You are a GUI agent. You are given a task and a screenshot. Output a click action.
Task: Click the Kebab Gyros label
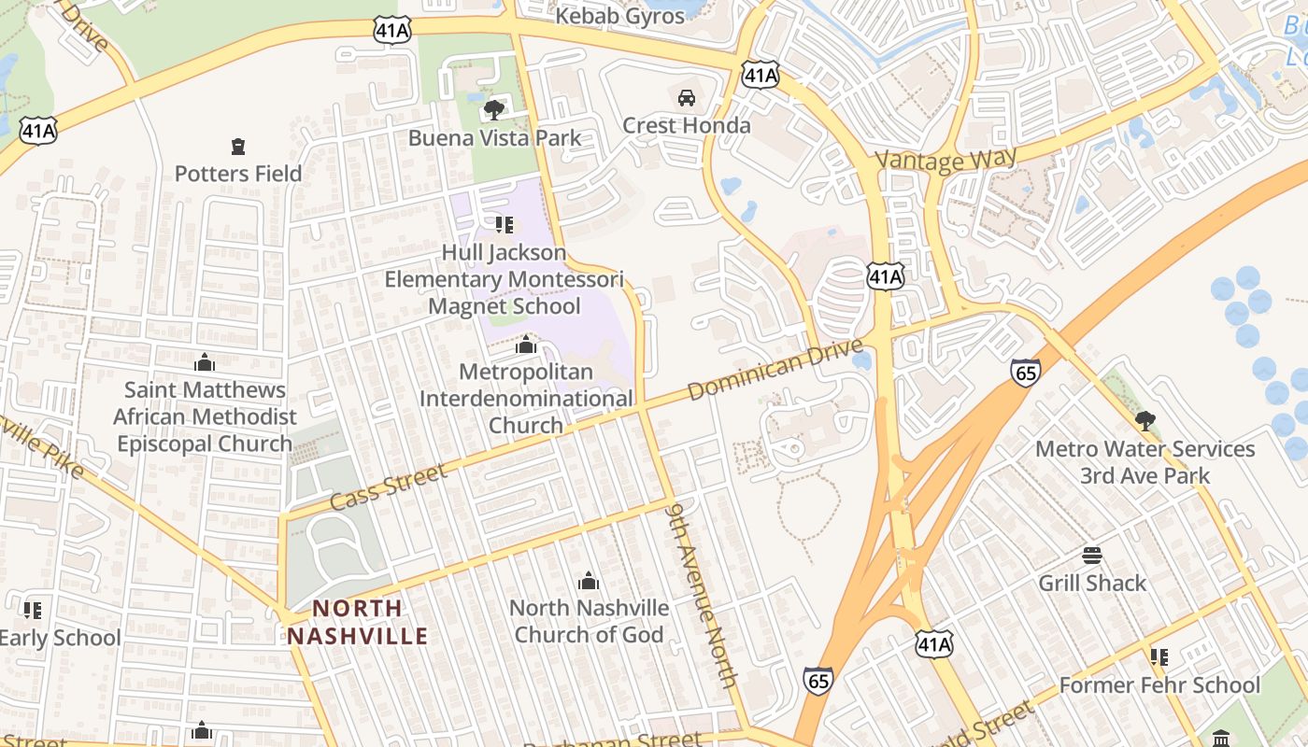(x=619, y=16)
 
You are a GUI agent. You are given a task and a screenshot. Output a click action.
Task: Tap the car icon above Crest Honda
(x=686, y=98)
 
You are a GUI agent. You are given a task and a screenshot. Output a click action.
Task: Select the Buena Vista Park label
(x=494, y=138)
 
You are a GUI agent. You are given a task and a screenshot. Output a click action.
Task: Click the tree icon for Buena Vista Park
(x=494, y=111)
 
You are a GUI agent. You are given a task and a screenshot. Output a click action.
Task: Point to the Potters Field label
(x=238, y=174)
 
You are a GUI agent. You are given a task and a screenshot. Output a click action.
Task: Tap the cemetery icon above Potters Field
(x=238, y=147)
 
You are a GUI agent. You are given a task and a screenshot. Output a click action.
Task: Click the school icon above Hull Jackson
(x=505, y=225)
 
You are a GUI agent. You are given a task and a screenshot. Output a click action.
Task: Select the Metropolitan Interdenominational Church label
(x=526, y=399)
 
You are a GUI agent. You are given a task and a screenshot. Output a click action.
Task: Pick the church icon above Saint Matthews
(x=205, y=362)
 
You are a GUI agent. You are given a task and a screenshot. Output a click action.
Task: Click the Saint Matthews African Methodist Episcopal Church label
(x=205, y=416)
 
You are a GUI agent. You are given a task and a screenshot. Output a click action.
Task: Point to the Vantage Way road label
(x=945, y=161)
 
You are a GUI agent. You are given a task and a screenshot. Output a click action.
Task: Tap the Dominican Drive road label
(x=775, y=370)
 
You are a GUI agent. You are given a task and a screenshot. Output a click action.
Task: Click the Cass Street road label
(x=389, y=487)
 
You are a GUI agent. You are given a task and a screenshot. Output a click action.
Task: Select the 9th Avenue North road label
(x=703, y=594)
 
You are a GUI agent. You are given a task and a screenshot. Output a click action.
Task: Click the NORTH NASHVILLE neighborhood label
(x=357, y=623)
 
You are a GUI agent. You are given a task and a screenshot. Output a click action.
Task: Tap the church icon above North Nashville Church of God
(x=589, y=582)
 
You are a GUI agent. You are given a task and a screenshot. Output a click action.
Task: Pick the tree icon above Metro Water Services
(x=1144, y=421)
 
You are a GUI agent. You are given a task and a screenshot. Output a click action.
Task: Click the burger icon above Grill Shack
(x=1092, y=557)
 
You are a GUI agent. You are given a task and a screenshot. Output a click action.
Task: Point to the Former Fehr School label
(x=1159, y=685)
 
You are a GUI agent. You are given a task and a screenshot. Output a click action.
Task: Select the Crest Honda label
(x=686, y=125)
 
